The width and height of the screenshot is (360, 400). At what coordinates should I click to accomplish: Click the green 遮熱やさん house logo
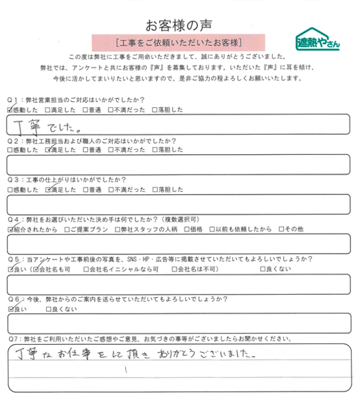click(317, 40)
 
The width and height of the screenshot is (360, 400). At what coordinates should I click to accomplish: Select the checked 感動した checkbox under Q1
click(10, 110)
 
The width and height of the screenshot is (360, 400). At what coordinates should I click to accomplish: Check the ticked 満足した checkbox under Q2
click(49, 150)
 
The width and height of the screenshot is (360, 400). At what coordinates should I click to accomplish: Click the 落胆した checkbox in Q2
click(155, 150)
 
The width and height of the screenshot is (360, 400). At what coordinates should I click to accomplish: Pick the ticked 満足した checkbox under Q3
click(49, 190)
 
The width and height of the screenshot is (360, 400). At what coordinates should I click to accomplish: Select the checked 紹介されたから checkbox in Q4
click(10, 229)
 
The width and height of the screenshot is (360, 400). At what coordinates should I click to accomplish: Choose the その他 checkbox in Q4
click(280, 229)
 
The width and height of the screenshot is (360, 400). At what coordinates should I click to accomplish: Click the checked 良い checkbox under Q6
click(10, 309)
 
